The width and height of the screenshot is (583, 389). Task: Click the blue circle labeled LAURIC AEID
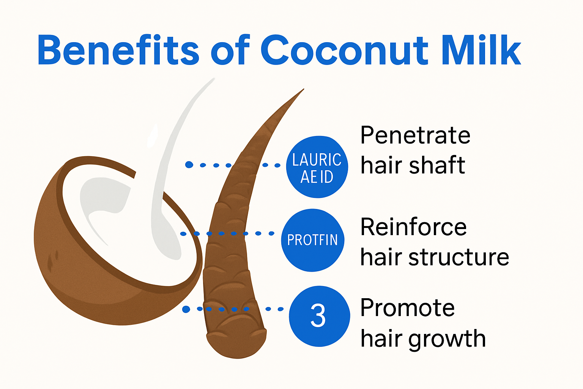[x=317, y=167]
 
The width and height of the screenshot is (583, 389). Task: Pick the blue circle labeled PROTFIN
[x=312, y=240]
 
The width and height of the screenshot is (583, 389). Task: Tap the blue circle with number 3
[x=319, y=316]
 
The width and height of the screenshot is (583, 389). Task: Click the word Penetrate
[x=415, y=135]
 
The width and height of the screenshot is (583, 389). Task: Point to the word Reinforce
[x=413, y=227]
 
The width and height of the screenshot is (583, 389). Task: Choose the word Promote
[x=407, y=308]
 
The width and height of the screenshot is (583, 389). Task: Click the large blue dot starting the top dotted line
[x=189, y=164]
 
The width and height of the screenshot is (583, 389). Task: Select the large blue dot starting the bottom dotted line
[x=186, y=309]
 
